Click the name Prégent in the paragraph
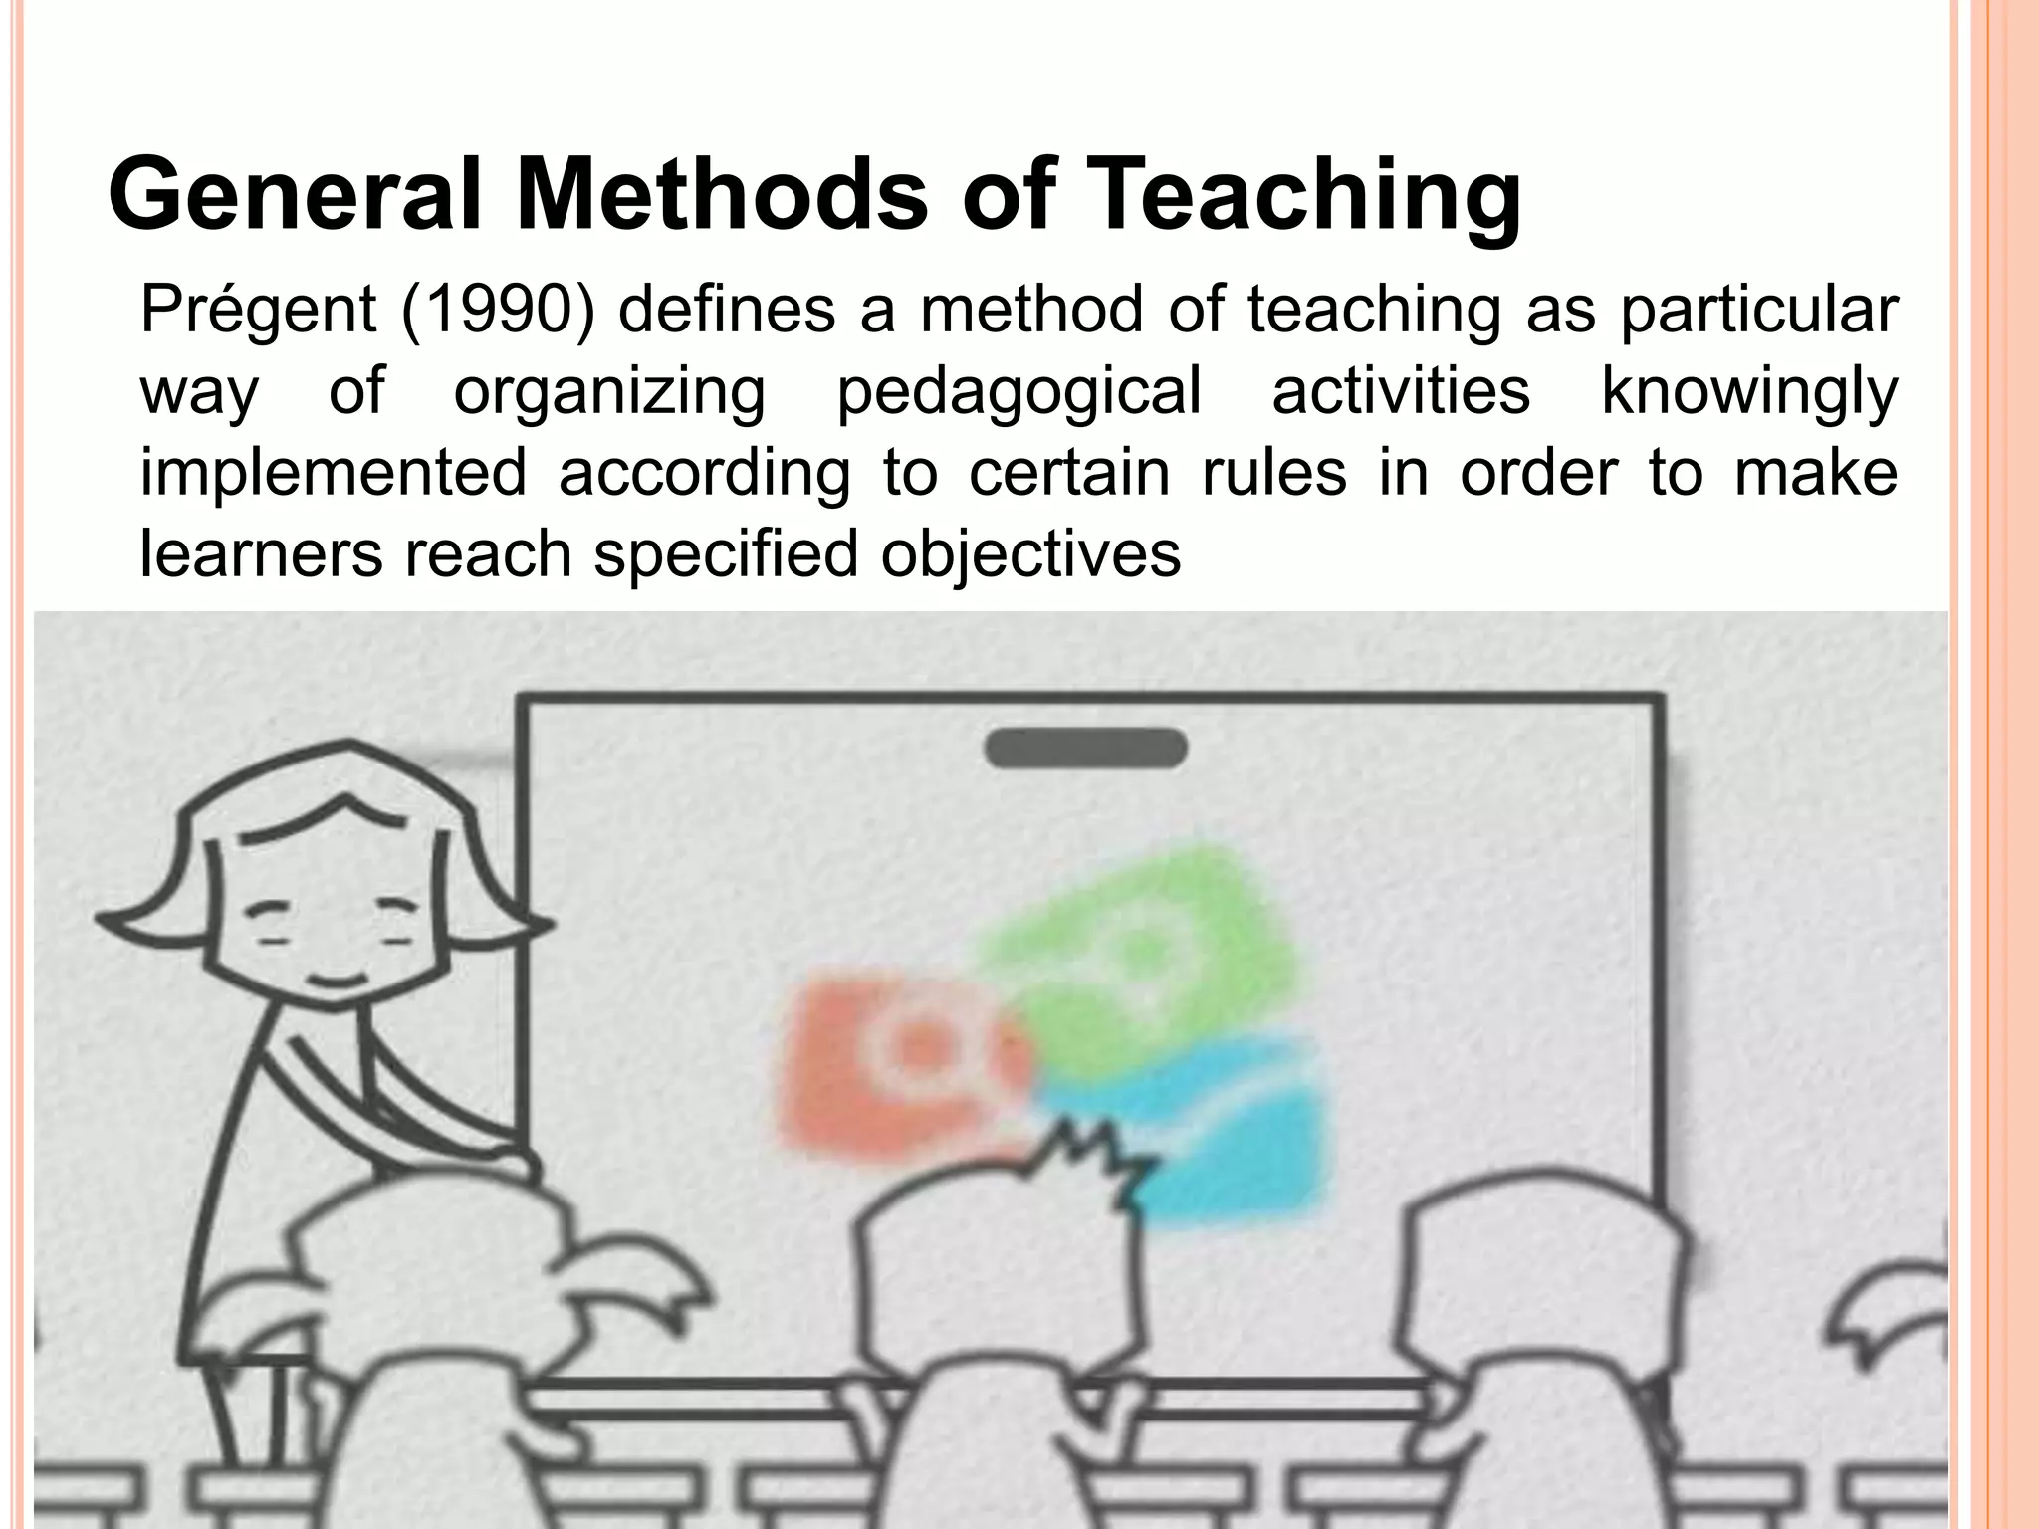point(257,311)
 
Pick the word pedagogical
point(1019,392)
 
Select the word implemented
point(333,472)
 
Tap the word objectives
point(1030,553)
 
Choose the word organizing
point(609,392)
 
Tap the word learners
point(261,553)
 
